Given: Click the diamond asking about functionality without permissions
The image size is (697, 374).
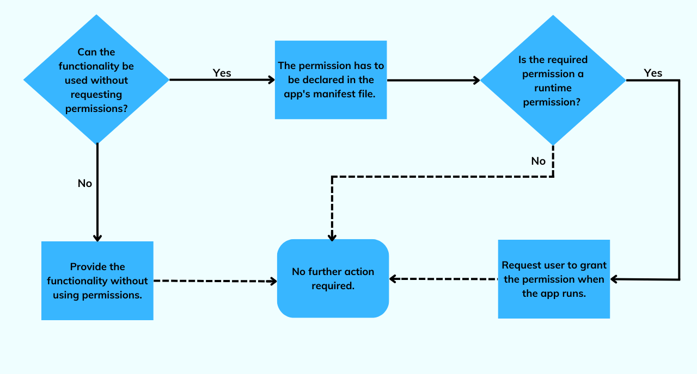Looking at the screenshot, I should click(96, 79).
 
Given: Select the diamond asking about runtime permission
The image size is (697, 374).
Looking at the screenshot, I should click(553, 80).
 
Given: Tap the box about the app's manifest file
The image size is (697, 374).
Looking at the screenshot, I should click(331, 79).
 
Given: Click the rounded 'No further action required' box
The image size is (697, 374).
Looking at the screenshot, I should click(333, 278).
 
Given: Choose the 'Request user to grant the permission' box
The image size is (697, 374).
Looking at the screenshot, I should click(554, 279).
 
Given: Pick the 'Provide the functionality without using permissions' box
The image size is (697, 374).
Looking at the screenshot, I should click(97, 280).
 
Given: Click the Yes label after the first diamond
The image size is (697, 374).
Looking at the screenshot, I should click(222, 73).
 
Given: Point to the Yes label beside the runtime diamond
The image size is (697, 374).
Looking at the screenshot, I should click(653, 73).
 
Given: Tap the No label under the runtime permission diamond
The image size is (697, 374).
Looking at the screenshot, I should click(538, 161).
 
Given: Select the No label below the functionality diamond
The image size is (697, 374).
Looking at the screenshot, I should click(85, 183).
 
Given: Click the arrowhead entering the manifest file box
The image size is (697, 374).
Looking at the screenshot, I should click(271, 80).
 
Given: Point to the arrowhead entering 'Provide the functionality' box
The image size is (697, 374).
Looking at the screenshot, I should click(97, 238).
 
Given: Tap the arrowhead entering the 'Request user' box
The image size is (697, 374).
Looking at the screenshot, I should click(614, 279).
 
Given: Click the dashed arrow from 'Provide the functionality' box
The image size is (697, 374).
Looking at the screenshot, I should click(212, 281).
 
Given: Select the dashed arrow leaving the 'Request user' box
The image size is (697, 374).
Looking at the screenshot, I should click(444, 279).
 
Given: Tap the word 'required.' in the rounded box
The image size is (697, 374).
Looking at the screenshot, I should click(333, 285).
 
